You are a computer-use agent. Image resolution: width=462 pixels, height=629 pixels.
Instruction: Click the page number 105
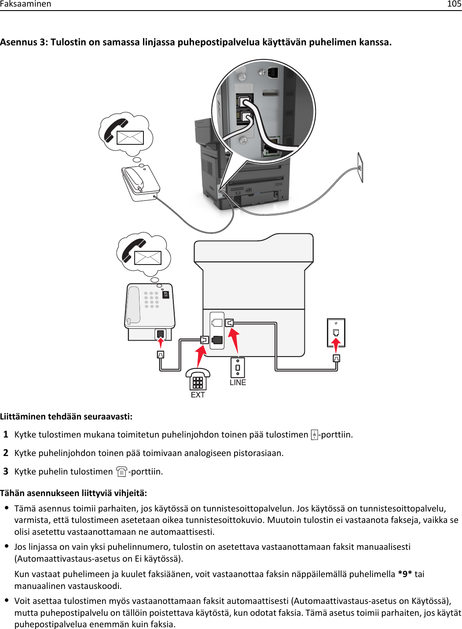(x=454, y=4)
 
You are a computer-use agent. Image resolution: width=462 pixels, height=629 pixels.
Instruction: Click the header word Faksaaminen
(x=26, y=4)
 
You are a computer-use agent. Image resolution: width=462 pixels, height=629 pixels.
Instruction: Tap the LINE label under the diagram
(x=238, y=383)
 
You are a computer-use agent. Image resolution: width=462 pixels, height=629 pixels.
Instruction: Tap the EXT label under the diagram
(x=198, y=395)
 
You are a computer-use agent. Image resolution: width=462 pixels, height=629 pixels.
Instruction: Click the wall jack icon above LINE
(x=238, y=367)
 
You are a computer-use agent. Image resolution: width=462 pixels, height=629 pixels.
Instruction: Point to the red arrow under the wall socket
(x=336, y=345)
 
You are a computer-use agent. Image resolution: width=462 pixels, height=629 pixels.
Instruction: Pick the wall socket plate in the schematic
(x=336, y=332)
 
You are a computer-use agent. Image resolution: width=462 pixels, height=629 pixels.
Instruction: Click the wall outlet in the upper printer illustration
(x=360, y=167)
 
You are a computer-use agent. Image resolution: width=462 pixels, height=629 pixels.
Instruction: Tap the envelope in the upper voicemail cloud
(x=130, y=138)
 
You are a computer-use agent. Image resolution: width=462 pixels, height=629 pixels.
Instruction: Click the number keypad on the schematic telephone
(x=151, y=299)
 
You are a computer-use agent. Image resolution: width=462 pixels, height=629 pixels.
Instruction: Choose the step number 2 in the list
(x=6, y=453)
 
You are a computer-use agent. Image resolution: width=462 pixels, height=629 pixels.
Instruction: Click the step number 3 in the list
(x=6, y=471)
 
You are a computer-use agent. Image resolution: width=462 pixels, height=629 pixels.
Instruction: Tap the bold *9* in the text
(x=405, y=574)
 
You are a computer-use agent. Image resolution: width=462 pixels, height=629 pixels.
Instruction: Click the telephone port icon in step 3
(x=122, y=472)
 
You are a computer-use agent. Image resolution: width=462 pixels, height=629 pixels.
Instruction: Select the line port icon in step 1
(x=314, y=435)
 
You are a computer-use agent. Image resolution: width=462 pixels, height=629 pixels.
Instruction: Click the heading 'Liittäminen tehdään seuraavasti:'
(x=66, y=416)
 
